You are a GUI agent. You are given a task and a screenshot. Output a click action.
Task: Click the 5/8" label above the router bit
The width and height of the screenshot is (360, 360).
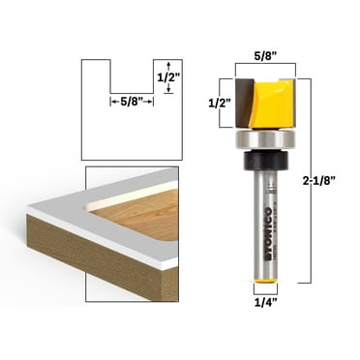[x=265, y=56]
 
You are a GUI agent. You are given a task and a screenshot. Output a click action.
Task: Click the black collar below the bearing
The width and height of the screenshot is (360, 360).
[x=264, y=164]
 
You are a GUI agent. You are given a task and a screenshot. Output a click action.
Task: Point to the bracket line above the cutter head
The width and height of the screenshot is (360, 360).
[x=264, y=69]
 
